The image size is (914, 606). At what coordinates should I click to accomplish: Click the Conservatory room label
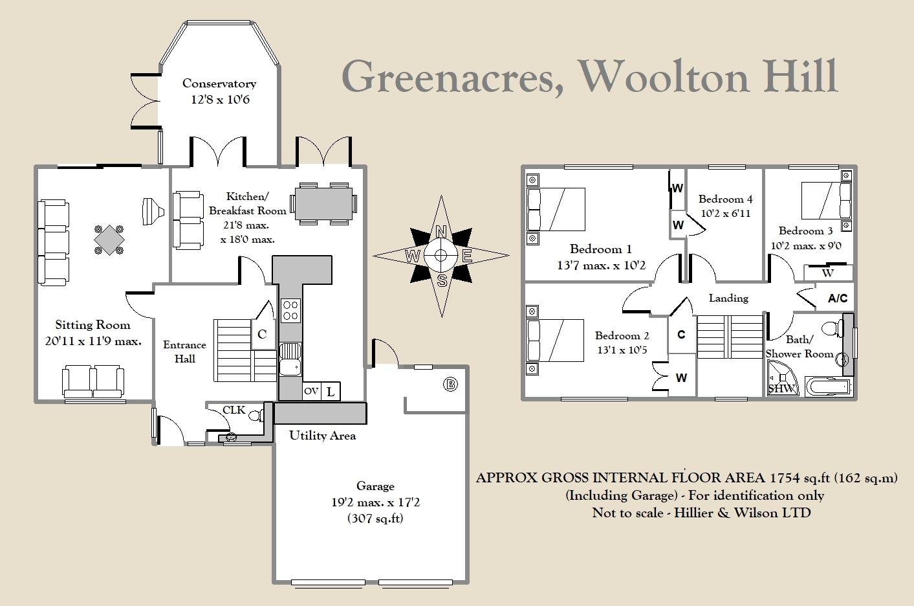click(219, 84)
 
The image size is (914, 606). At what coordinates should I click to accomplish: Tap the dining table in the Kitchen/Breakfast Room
click(323, 203)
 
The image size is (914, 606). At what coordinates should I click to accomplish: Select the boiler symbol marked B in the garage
click(450, 385)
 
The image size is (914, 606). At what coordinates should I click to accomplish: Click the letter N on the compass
click(441, 232)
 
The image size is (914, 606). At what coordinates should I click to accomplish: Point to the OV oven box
click(311, 391)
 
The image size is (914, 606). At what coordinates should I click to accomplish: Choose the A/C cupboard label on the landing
click(838, 298)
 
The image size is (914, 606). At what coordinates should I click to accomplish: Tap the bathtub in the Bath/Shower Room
click(829, 387)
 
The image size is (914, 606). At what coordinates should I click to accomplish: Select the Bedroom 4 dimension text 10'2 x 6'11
click(726, 213)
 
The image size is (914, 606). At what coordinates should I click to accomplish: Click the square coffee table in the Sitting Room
click(109, 240)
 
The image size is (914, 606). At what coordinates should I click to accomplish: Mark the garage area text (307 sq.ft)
click(375, 518)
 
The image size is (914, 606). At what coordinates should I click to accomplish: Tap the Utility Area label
click(322, 435)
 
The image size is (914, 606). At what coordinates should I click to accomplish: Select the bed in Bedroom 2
click(556, 340)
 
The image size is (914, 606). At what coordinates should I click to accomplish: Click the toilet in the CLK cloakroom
click(256, 415)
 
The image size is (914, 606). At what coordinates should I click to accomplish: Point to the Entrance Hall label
click(184, 352)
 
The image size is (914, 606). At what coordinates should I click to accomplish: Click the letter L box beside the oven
click(331, 391)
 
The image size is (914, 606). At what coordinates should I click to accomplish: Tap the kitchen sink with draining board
click(290, 359)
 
